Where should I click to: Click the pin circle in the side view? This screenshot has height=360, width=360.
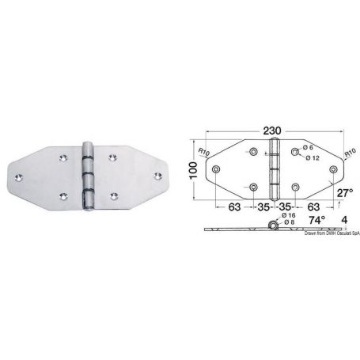pos(274,227)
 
